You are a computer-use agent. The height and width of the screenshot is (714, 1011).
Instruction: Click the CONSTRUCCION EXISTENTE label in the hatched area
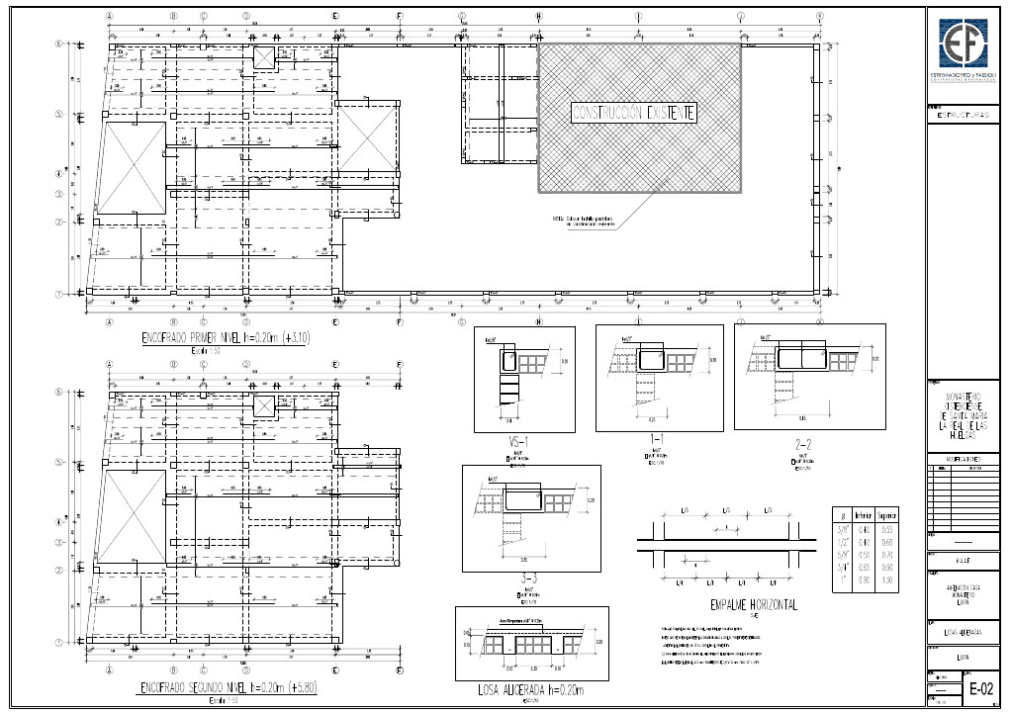(x=634, y=113)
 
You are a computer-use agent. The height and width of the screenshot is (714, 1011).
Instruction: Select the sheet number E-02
(x=980, y=689)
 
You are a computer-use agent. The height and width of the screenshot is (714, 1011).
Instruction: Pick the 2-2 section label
(x=803, y=444)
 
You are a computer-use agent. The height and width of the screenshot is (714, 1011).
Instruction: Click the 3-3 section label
(x=530, y=580)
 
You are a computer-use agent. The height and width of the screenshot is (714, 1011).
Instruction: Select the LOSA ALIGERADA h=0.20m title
(x=516, y=690)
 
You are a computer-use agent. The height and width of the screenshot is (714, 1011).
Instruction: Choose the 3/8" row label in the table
(x=843, y=529)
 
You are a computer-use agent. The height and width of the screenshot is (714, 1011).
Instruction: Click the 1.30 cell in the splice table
(x=887, y=580)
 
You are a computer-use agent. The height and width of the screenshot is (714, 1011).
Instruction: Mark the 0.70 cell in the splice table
(x=887, y=555)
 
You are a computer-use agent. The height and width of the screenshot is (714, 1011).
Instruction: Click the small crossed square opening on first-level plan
(x=264, y=57)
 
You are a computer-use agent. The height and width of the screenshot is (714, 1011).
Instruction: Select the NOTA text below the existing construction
(x=584, y=222)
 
